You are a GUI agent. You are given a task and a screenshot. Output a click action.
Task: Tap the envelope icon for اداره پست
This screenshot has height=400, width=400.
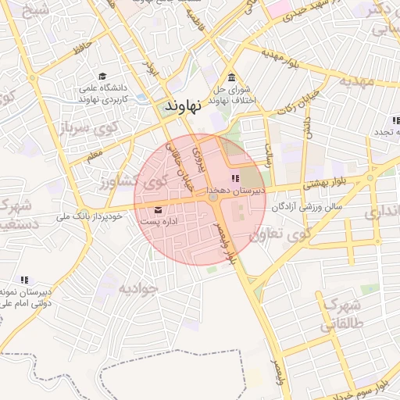coord(159,209)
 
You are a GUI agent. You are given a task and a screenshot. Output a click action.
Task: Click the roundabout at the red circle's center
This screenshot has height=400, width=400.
coord(213,198)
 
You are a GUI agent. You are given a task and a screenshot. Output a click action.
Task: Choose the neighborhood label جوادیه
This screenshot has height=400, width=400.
coord(138,288)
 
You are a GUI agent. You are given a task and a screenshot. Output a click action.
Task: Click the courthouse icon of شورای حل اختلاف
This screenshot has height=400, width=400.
coord(232,78)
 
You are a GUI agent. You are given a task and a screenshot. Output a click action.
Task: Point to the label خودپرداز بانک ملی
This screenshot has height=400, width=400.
coord(88,216)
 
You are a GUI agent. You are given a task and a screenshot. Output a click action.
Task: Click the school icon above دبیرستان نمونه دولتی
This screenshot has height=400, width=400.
coord(24,279)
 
